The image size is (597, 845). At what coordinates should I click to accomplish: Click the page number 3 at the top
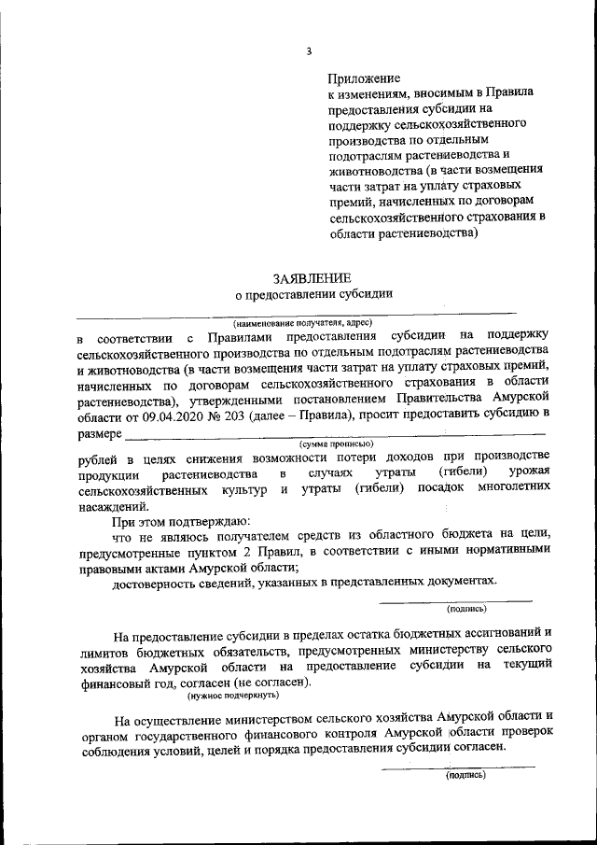tap(308, 49)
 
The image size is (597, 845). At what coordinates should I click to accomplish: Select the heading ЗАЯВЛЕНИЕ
tap(312, 278)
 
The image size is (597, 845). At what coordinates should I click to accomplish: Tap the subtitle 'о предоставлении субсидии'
tap(312, 295)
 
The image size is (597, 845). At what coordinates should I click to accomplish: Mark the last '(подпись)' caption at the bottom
tap(465, 774)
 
